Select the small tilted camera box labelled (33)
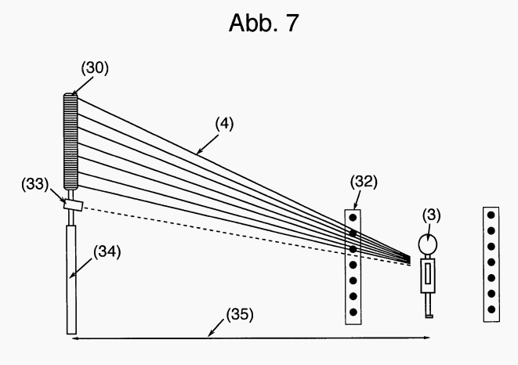pyautogui.click(x=74, y=205)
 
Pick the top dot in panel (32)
pyautogui.click(x=353, y=218)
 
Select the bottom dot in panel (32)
pyautogui.click(x=353, y=313)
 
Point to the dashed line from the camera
pyautogui.click(x=235, y=234)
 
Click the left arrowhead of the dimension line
pyautogui.click(x=74, y=338)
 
